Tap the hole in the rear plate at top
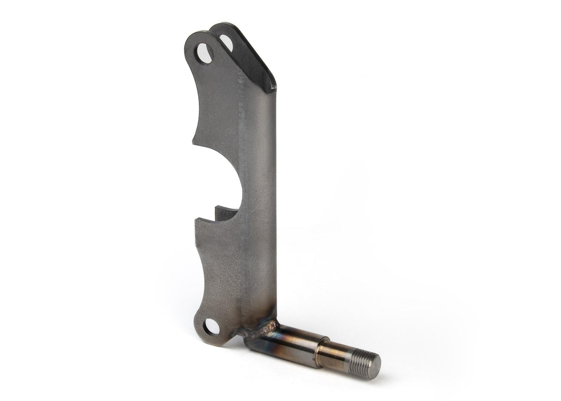(226, 43)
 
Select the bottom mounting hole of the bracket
(212, 327)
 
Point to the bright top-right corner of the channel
(274, 87)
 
